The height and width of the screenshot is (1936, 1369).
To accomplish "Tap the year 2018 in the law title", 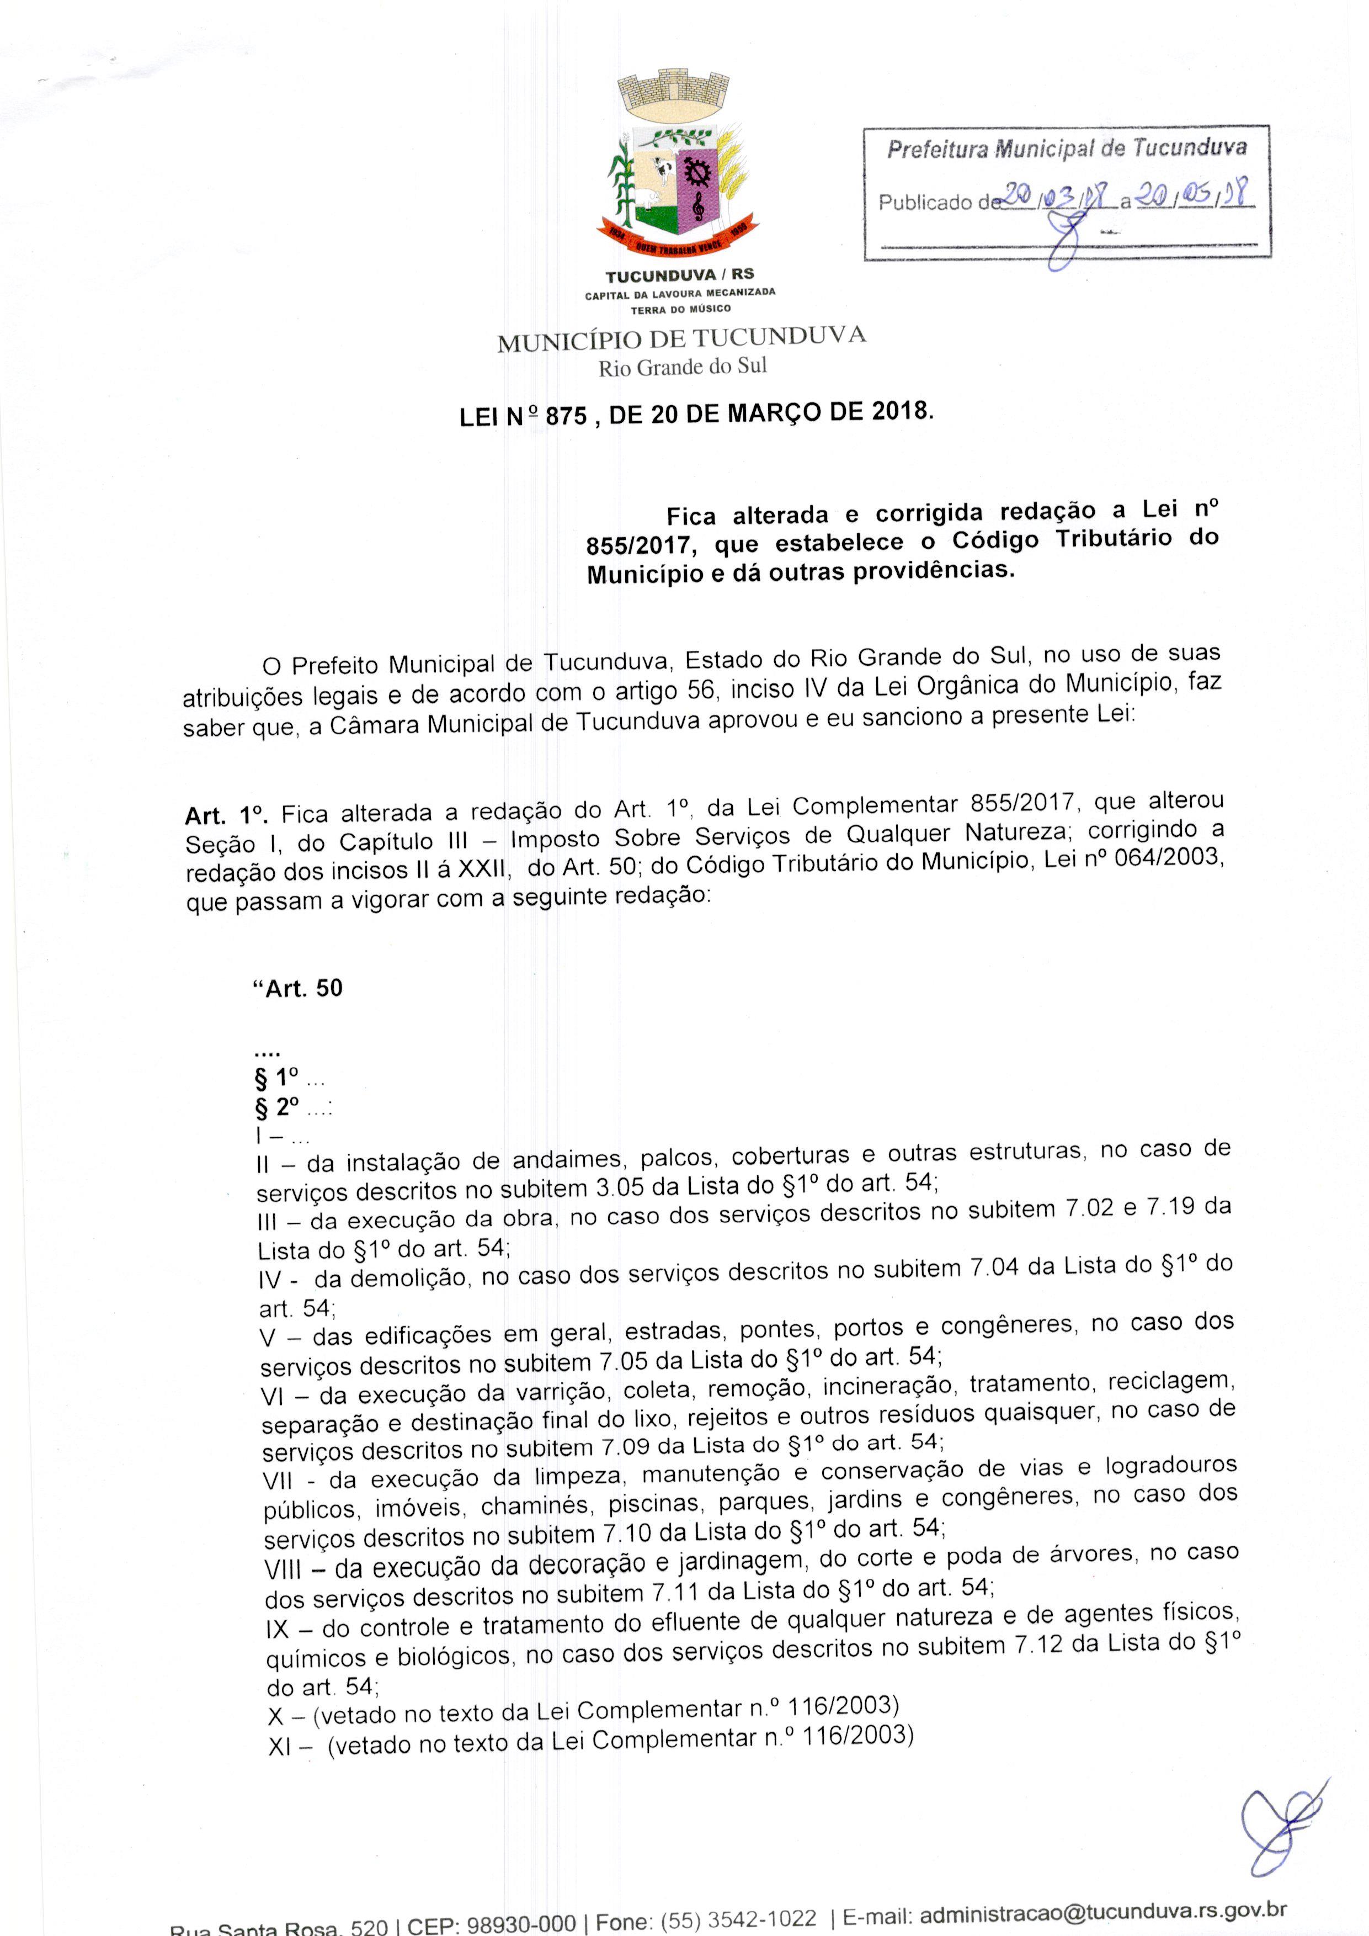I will [901, 412].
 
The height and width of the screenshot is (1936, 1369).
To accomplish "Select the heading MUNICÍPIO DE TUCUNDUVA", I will [681, 339].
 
